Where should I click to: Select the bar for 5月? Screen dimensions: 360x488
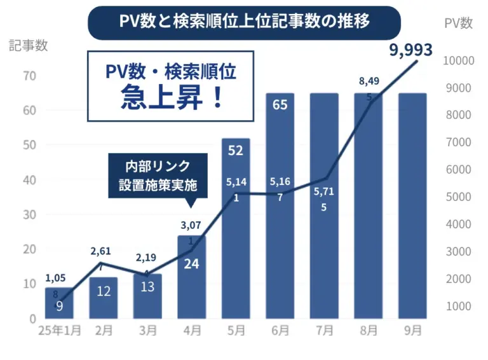pyautogui.click(x=236, y=242)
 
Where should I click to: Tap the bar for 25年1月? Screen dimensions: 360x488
pyautogui.click(x=59, y=304)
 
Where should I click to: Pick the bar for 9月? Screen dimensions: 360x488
pyautogui.click(x=412, y=210)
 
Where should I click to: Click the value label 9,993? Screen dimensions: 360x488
pyautogui.click(x=410, y=50)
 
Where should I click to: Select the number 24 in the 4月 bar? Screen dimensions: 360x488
pyautogui.click(x=192, y=263)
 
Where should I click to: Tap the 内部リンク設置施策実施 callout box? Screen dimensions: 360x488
pyautogui.click(x=158, y=176)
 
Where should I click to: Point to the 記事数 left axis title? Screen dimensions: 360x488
pyautogui.click(x=29, y=46)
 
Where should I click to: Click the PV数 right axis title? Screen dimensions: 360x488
pyautogui.click(x=457, y=23)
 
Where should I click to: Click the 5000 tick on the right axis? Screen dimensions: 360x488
pyautogui.click(x=459, y=197)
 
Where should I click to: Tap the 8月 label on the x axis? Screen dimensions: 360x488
pyautogui.click(x=369, y=331)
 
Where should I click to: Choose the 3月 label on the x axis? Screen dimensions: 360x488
pyautogui.click(x=147, y=331)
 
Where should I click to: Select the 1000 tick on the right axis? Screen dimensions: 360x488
pyautogui.click(x=459, y=307)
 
